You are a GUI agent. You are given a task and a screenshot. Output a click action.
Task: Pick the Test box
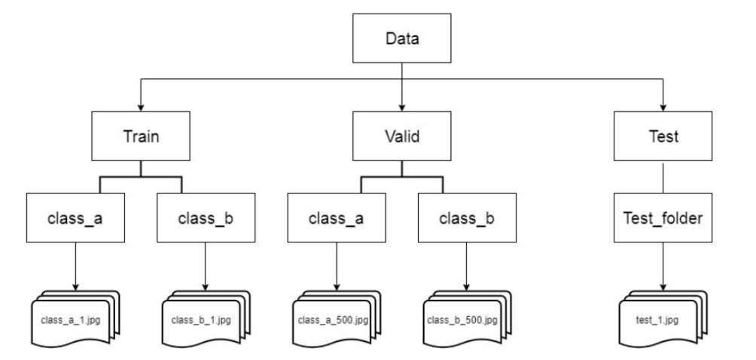click(x=663, y=139)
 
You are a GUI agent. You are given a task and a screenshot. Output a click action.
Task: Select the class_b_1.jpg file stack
click(x=203, y=320)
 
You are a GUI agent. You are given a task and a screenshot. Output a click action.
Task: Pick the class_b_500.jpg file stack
click(x=464, y=320)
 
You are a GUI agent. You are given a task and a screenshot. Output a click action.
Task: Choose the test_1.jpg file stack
click(x=661, y=320)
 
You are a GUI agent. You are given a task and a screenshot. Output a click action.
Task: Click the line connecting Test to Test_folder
click(x=663, y=179)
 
